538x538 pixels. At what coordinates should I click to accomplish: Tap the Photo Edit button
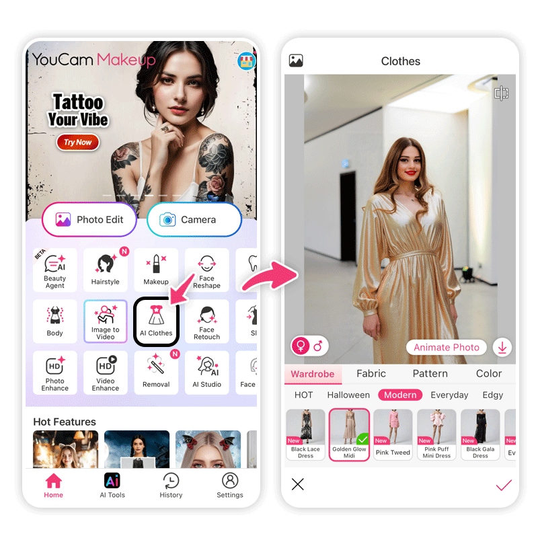(89, 220)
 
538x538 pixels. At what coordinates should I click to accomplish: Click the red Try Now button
(78, 142)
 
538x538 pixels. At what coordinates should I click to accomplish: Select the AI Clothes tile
(156, 321)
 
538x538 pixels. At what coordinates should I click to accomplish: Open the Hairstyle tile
(106, 270)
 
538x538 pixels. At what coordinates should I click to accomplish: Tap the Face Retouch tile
(206, 321)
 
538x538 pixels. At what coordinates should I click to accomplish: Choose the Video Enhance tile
(106, 373)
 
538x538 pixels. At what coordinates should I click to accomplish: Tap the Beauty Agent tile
(55, 270)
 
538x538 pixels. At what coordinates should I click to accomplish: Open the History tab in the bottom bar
(171, 485)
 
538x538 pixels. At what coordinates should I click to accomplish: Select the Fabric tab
(371, 373)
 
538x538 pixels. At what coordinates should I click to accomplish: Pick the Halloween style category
(348, 395)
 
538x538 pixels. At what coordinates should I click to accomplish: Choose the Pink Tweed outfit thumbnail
(393, 434)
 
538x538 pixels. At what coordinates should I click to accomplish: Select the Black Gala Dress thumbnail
(480, 434)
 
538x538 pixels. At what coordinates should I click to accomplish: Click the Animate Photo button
(447, 347)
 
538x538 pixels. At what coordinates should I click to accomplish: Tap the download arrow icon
(502, 347)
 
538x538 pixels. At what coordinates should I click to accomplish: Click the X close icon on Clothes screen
(297, 484)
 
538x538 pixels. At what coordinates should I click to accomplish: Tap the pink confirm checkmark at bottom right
(504, 485)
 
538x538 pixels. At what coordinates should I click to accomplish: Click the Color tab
(489, 373)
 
